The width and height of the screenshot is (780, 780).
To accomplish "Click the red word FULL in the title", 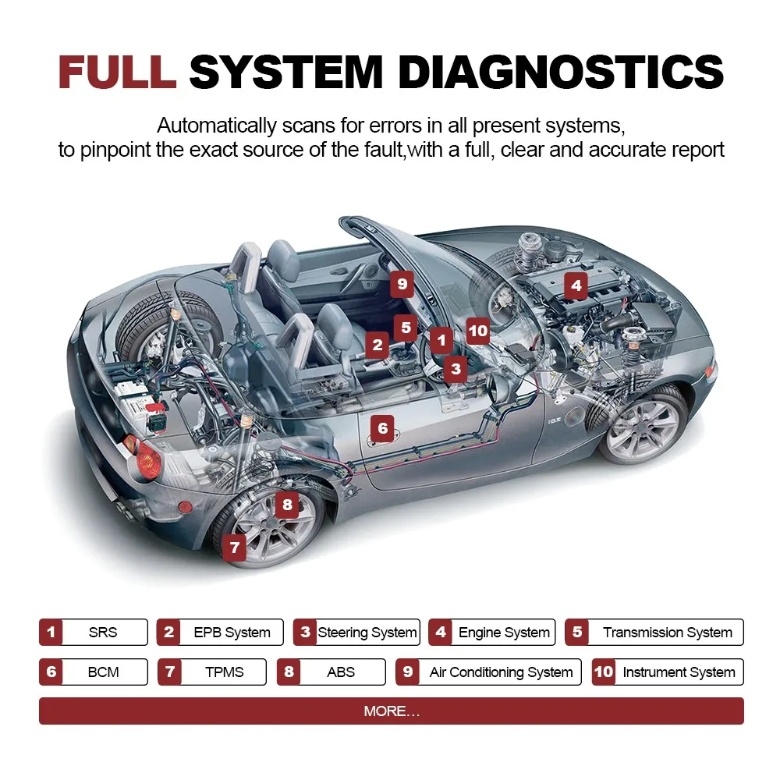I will pyautogui.click(x=117, y=72).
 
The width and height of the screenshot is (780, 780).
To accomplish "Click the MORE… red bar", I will pyautogui.click(x=391, y=711).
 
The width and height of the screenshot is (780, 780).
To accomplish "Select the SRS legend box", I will pyautogui.click(x=94, y=633).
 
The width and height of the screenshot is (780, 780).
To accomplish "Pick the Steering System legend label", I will pyautogui.click(x=357, y=633).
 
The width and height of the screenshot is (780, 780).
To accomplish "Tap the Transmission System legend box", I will pyautogui.click(x=654, y=633).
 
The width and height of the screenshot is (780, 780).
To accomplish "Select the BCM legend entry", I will pyautogui.click(x=94, y=672).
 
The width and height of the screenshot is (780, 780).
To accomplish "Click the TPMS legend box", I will pyautogui.click(x=212, y=672).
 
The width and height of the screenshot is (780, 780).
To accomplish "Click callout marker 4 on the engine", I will pyautogui.click(x=576, y=285).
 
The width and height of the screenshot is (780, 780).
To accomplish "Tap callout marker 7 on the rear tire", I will pyautogui.click(x=235, y=548).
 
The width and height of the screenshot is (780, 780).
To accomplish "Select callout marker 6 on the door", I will pyautogui.click(x=382, y=427).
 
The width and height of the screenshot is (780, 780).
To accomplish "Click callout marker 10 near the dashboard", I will pyautogui.click(x=478, y=331).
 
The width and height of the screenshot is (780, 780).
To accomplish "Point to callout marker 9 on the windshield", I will pyautogui.click(x=402, y=284).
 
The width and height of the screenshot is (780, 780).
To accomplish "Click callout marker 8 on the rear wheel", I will pyautogui.click(x=287, y=505).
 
